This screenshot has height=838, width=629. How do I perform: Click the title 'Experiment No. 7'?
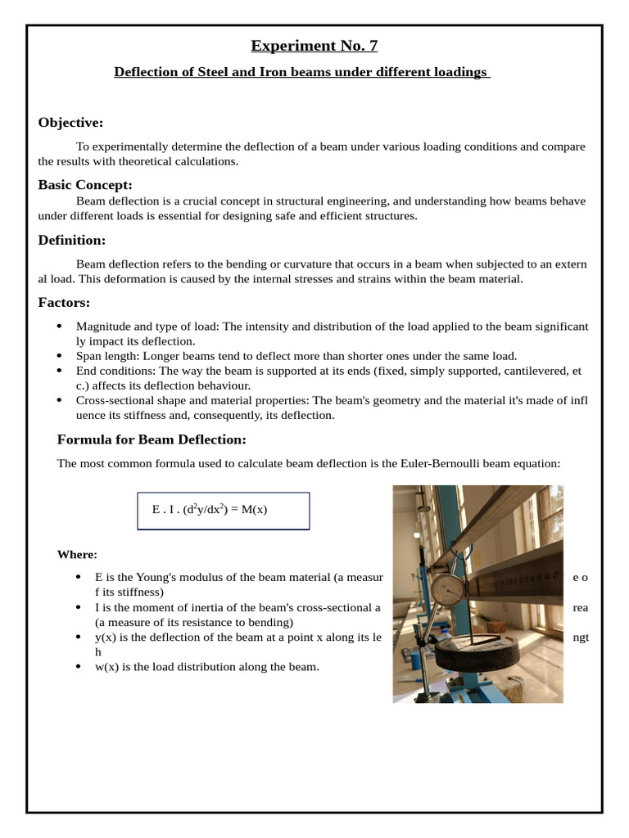click(314, 46)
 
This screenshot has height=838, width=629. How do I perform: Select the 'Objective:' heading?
click(70, 123)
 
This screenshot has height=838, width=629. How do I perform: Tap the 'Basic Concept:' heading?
click(85, 185)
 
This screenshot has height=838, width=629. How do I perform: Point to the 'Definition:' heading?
click(72, 241)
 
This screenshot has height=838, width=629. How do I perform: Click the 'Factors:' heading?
click(64, 303)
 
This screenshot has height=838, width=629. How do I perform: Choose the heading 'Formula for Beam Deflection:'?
click(152, 439)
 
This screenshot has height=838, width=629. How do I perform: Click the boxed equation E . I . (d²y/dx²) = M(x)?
click(223, 510)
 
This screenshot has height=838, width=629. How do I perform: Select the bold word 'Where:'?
click(77, 555)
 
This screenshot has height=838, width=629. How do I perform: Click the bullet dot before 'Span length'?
click(59, 356)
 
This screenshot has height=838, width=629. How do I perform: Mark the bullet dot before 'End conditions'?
click(59, 371)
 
